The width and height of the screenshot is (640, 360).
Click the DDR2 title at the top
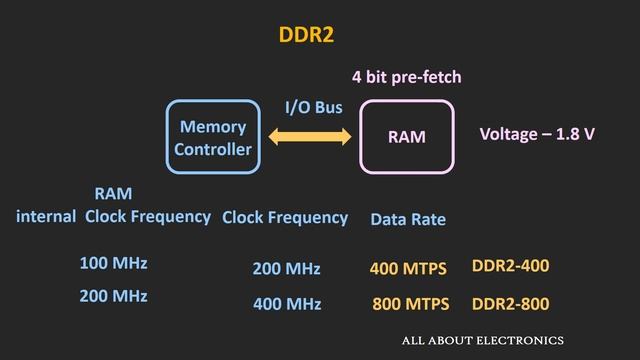305,35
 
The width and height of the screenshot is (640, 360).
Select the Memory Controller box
213,138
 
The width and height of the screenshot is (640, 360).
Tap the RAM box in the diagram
406,137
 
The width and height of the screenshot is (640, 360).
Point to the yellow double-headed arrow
310,136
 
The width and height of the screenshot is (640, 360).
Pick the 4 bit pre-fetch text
406,77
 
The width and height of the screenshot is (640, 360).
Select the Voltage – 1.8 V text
537,133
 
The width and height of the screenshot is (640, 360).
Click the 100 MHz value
113,264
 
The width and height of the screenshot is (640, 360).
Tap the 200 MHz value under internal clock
113,296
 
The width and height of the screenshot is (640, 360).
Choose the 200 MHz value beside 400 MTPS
286,269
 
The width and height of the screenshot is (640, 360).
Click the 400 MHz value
286,303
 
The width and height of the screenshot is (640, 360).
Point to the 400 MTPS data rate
408,268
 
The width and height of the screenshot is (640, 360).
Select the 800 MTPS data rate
410,303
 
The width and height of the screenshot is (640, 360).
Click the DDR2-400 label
510,266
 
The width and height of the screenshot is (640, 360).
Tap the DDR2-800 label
510,303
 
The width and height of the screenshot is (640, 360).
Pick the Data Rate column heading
408,219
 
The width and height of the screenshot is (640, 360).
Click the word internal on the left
46,216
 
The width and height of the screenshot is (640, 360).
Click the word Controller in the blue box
213,150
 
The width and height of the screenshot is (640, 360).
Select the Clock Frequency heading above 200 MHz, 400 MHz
285,217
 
